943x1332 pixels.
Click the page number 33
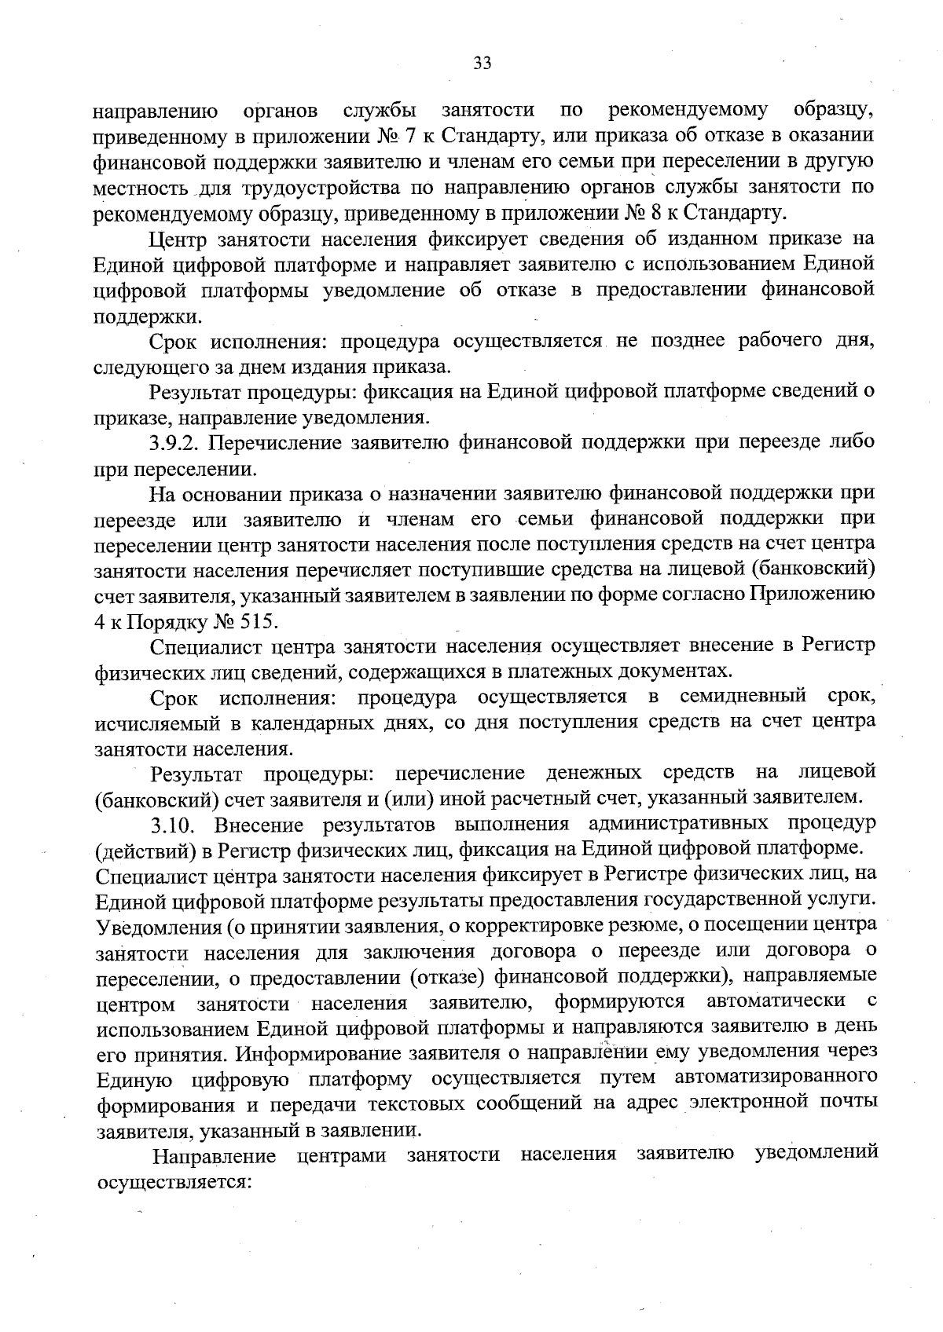483,64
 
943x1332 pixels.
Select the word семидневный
743,697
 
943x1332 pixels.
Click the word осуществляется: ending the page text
172,1181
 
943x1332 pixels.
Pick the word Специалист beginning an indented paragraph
203,646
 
